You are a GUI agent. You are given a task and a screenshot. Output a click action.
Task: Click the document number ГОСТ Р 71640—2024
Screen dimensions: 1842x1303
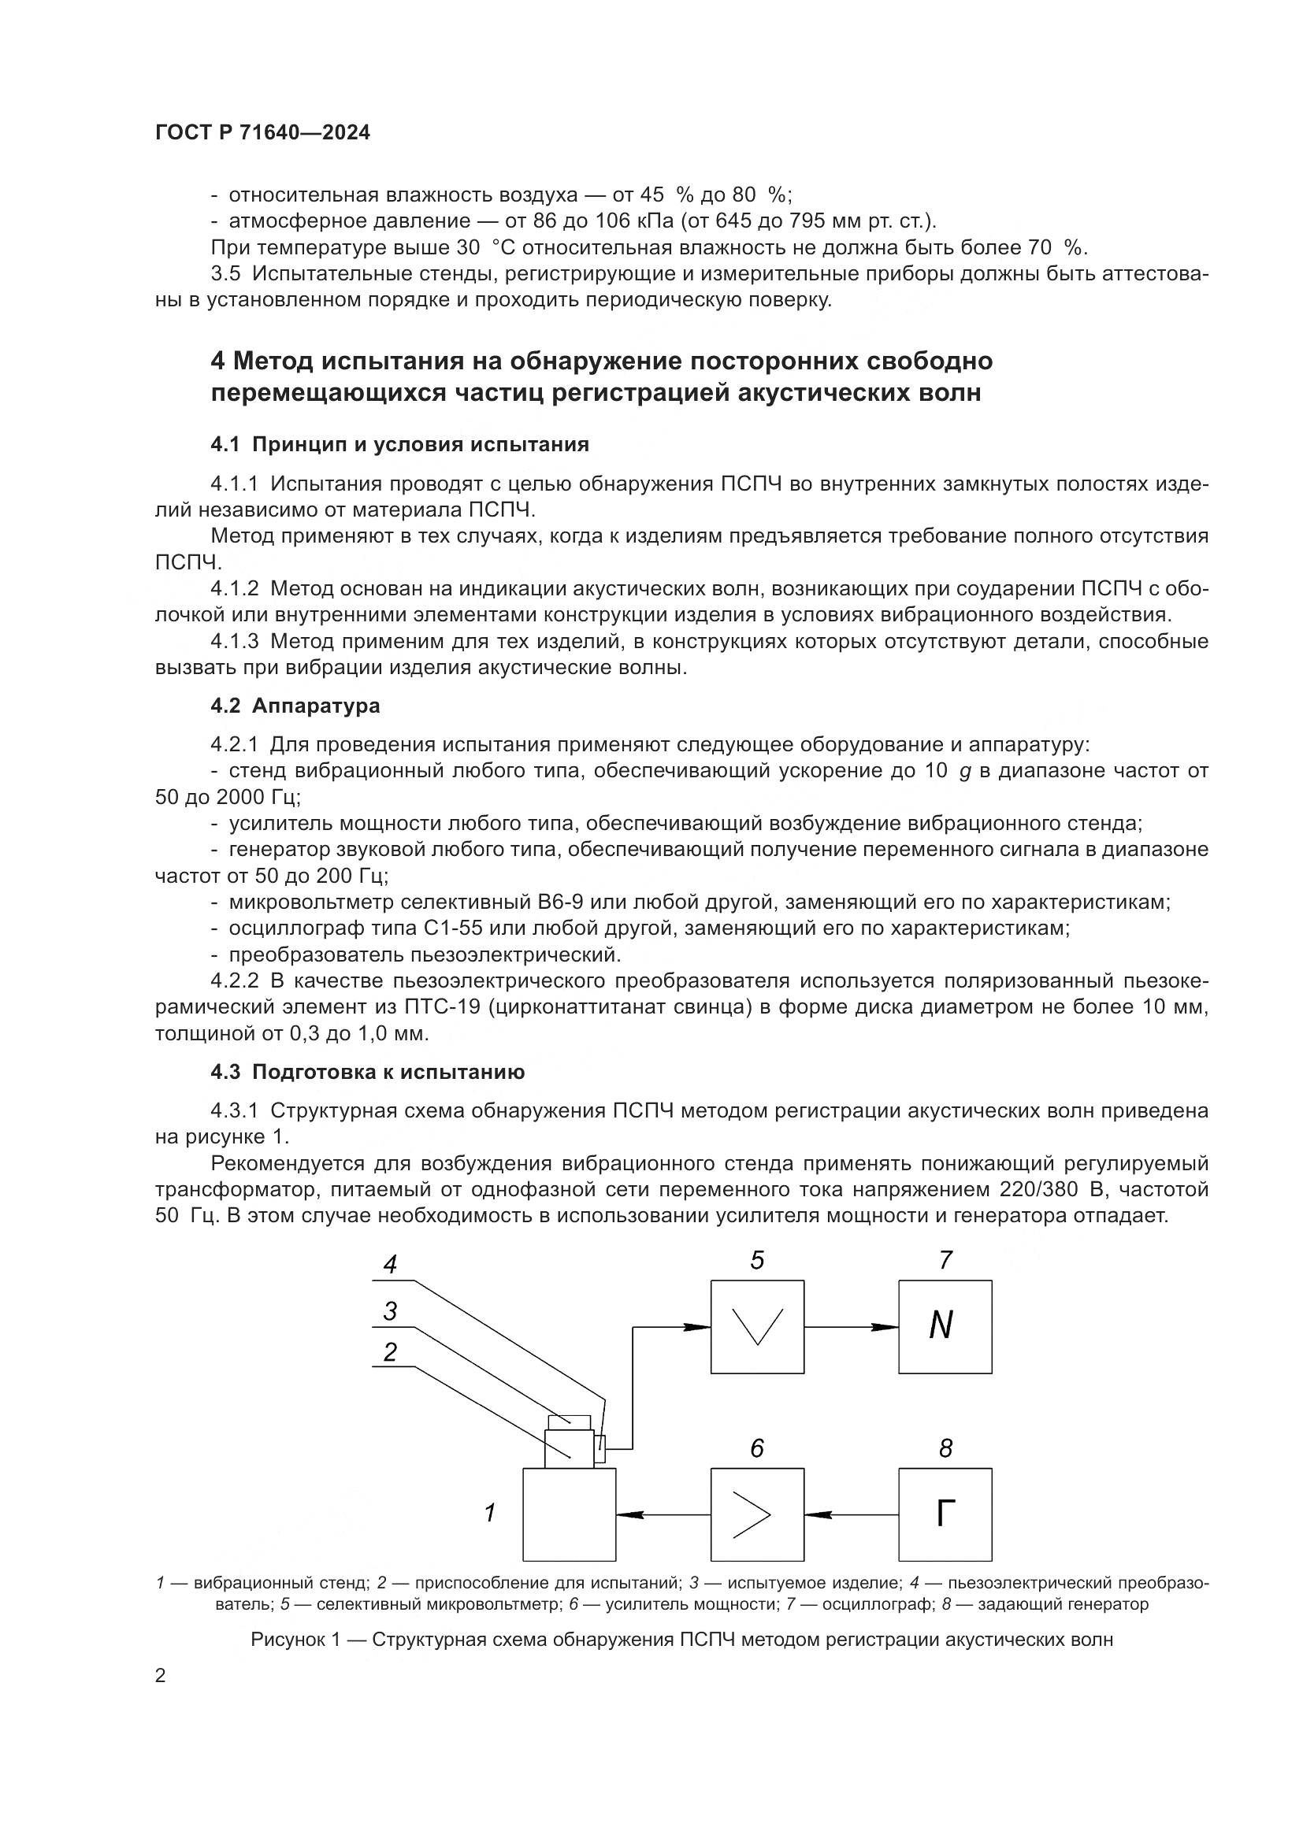[262, 133]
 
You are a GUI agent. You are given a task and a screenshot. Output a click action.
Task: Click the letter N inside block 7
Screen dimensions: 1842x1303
[941, 1326]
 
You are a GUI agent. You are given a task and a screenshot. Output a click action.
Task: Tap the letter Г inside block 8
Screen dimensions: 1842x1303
[945, 1514]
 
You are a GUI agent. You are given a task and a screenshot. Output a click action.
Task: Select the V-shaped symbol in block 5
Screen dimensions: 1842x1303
[756, 1326]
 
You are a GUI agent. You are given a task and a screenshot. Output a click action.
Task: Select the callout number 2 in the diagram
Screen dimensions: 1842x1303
[390, 1353]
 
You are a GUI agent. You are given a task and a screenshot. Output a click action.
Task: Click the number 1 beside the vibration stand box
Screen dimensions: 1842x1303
[489, 1513]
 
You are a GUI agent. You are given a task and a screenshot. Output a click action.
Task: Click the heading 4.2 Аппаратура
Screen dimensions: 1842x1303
[295, 706]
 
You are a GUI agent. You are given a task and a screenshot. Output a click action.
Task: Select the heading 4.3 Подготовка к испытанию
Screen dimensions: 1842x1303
[367, 1073]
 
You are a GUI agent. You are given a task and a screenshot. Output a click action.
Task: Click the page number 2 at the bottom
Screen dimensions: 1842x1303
[161, 1677]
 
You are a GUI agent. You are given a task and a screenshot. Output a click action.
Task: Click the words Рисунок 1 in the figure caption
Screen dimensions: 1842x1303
[295, 1640]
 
